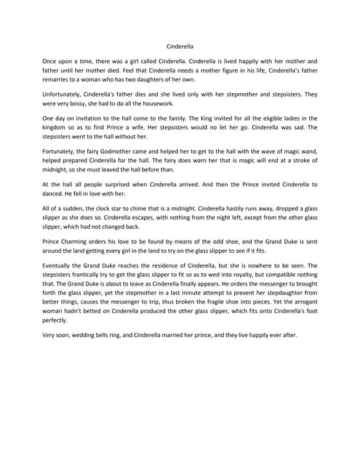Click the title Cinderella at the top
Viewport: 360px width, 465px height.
click(180, 46)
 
